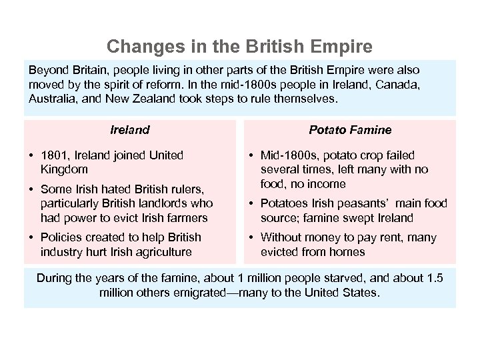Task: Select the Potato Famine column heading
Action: coord(350,130)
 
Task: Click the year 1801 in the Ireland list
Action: coord(53,155)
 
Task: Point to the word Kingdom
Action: coord(64,169)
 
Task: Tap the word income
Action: coord(327,183)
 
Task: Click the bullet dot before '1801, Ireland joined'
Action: coord(33,155)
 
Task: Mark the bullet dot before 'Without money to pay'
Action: coord(253,237)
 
